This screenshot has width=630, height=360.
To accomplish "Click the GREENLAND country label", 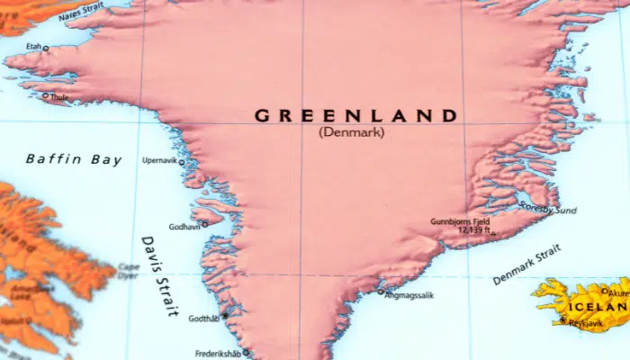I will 355,115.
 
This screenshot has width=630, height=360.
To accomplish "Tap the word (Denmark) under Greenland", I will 351,132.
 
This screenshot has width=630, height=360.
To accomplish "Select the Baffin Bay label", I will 73,160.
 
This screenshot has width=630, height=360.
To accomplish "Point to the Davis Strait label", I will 158,276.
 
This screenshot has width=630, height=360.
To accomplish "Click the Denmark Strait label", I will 526,267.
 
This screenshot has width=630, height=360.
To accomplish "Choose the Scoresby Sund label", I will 548,210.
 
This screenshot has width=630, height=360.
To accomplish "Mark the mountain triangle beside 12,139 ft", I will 492,234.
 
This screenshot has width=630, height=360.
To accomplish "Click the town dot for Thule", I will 46,95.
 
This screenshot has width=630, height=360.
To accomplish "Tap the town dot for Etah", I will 45,49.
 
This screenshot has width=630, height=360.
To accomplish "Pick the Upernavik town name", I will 159,161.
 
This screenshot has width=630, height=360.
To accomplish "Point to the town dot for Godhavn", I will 204,224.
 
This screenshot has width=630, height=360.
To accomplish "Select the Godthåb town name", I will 202,319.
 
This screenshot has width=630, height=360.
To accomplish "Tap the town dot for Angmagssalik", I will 381,292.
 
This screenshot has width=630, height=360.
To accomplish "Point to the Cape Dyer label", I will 128,271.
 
